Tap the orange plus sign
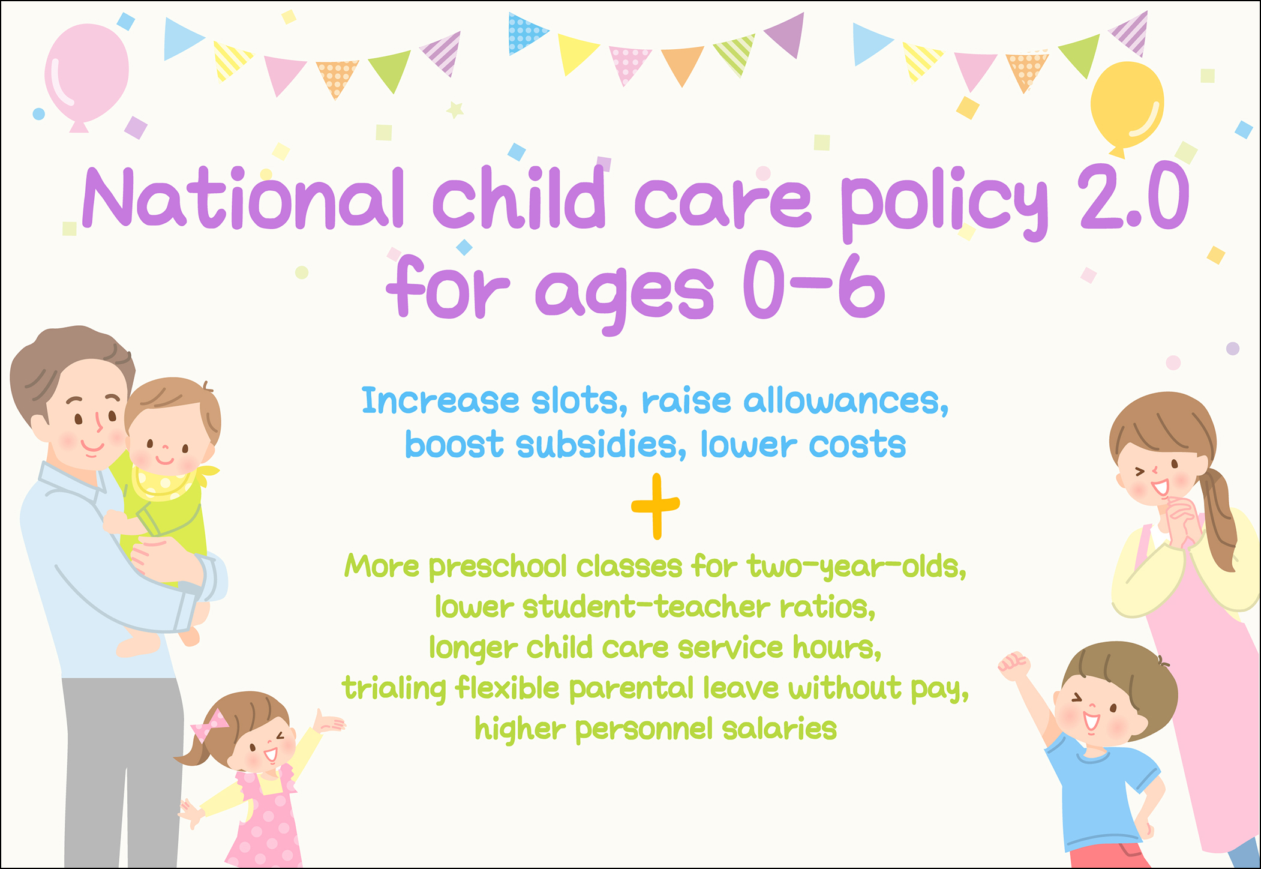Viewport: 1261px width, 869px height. coord(656,506)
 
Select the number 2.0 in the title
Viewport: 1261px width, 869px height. coord(1133,196)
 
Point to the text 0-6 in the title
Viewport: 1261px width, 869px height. coord(813,286)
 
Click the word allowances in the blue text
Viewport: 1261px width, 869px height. coord(846,401)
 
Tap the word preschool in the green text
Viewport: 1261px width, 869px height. coord(498,567)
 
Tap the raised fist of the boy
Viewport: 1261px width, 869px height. coord(1014,666)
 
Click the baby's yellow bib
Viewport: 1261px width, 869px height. coord(168,482)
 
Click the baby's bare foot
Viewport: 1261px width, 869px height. coord(137,645)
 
